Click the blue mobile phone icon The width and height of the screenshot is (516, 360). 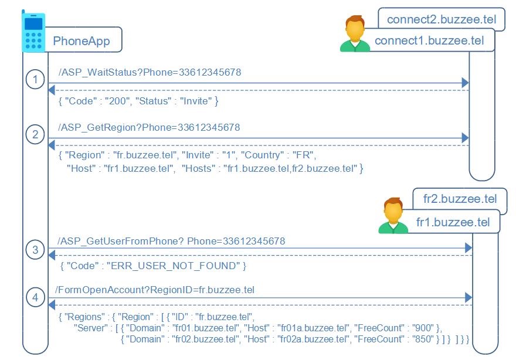pyautogui.click(x=34, y=32)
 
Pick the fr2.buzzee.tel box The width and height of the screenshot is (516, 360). pyautogui.click(x=460, y=199)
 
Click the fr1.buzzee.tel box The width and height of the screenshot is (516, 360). pyautogui.click(x=453, y=222)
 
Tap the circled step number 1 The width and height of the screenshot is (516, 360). pyautogui.click(x=36, y=79)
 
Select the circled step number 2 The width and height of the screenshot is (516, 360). pyautogui.click(x=36, y=134)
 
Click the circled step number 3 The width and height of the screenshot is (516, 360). pyautogui.click(x=36, y=250)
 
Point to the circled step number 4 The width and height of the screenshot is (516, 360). pyautogui.click(x=36, y=298)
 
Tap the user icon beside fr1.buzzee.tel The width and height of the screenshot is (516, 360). pyautogui.click(x=393, y=216)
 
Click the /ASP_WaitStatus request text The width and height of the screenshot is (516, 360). pyautogui.click(x=150, y=73)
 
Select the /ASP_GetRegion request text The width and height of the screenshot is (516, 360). pyautogui.click(x=149, y=127)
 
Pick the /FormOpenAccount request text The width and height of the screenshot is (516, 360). pyautogui.click(x=155, y=290)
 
